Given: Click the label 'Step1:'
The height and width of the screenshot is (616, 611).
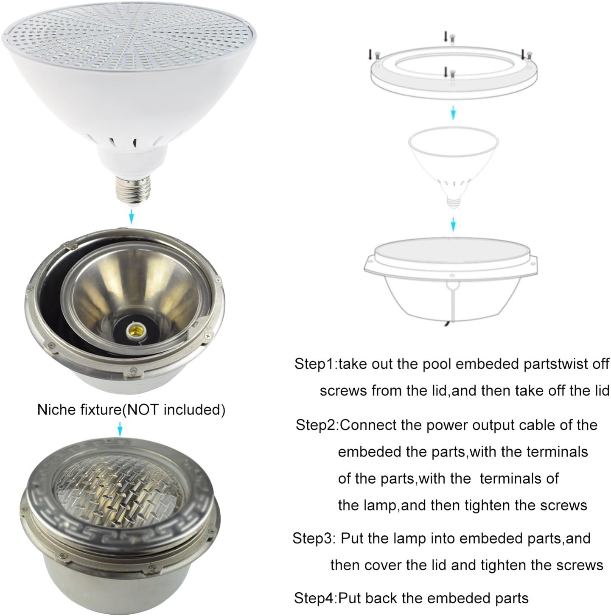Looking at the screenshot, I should coord(316,364).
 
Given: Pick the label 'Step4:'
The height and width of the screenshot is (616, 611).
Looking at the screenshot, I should coord(315,598).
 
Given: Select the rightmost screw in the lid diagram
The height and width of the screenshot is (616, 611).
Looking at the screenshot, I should coord(530,53).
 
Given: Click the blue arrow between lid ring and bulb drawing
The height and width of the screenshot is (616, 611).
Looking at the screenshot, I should coord(453,112).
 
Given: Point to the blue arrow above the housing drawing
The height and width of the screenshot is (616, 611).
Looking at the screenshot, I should coord(453,224).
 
